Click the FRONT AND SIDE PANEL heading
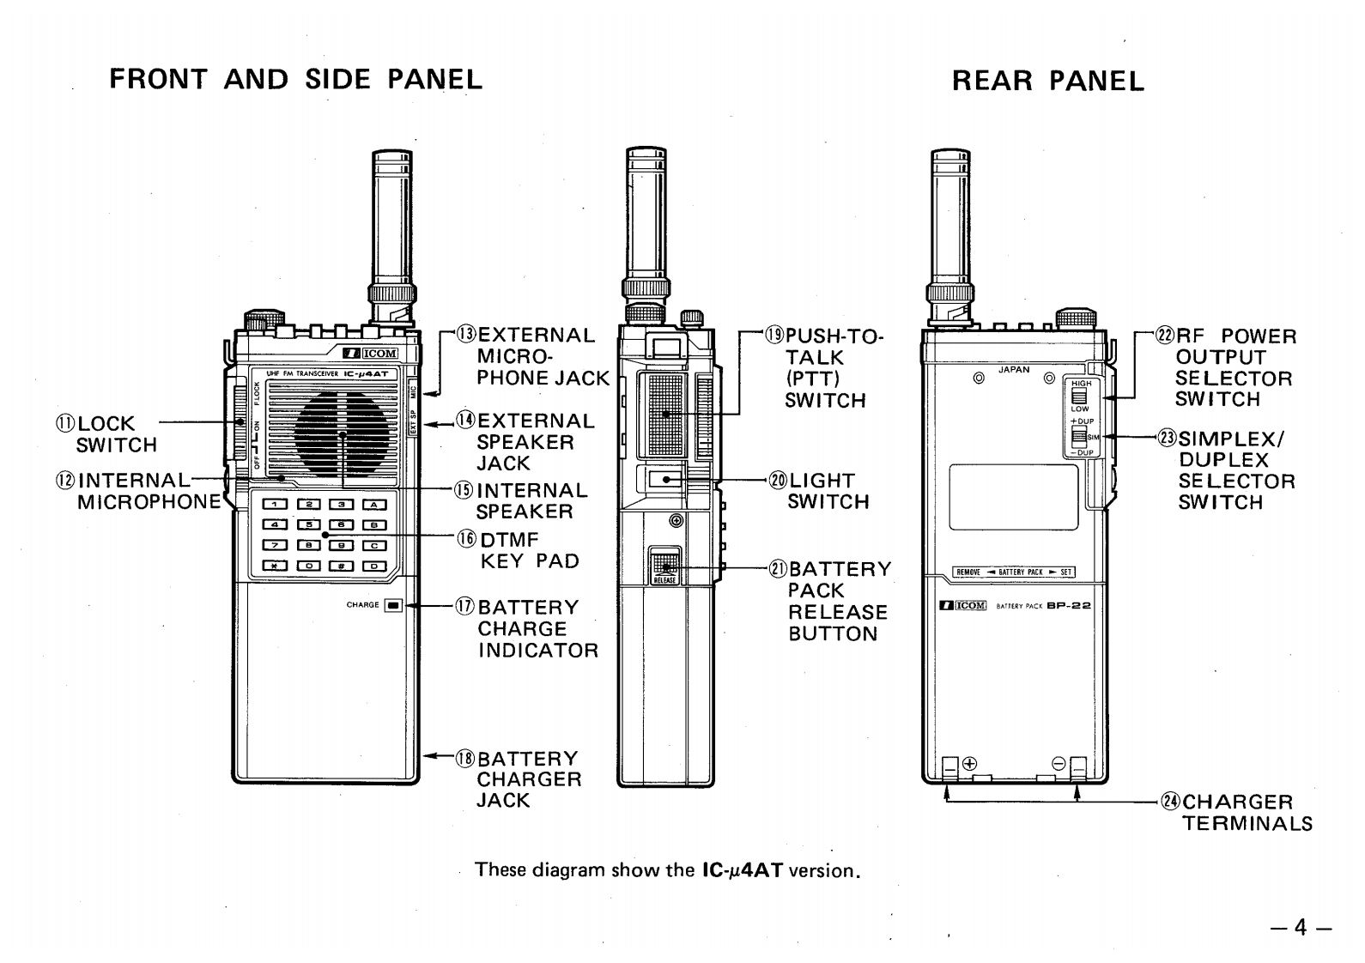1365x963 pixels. tap(296, 79)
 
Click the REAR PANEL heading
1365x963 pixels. tap(1048, 82)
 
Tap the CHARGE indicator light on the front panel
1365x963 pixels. tap(393, 605)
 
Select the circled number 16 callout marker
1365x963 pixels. tap(466, 540)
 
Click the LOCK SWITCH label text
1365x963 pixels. tap(117, 434)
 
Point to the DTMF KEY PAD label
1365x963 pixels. tap(528, 550)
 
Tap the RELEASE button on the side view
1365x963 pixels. tap(664, 568)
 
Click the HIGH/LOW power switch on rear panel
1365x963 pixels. tap(1079, 396)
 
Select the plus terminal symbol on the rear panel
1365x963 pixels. tap(970, 763)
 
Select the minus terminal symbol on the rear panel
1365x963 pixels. tap(1059, 763)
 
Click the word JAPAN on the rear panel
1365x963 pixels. tap(1014, 370)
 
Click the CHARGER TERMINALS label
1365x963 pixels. tap(1247, 813)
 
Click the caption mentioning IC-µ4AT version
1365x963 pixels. tap(667, 869)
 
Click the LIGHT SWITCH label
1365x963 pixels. tap(828, 491)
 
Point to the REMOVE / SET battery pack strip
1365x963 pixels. tap(1014, 572)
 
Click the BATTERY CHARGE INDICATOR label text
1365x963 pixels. tap(537, 628)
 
